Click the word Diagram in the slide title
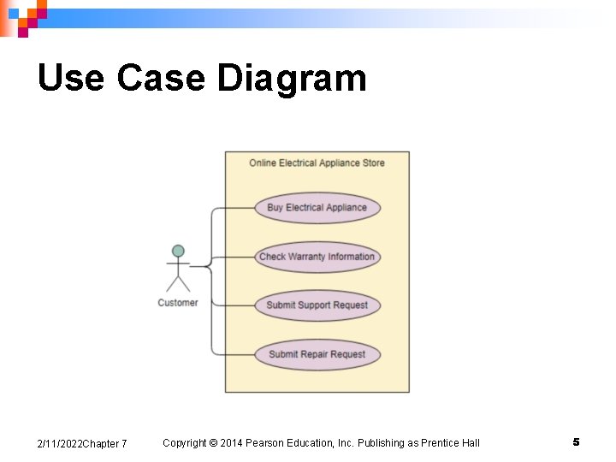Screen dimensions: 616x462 click(292, 79)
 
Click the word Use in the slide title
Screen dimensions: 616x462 click(70, 79)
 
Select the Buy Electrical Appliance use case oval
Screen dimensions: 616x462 click(317, 207)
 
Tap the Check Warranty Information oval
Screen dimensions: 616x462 click(317, 257)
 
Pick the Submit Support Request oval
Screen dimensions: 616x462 click(317, 305)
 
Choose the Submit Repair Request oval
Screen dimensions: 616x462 click(317, 354)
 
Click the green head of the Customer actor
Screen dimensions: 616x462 click(178, 251)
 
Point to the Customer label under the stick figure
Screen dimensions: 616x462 click(178, 303)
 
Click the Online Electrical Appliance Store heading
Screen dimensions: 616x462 click(317, 163)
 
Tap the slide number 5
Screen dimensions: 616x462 click(576, 442)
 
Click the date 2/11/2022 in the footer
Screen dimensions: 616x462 click(60, 443)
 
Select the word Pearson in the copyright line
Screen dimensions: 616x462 click(267, 442)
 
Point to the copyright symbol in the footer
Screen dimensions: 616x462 click(213, 442)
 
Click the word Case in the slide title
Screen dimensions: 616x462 click(161, 79)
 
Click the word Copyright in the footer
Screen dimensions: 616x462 click(185, 442)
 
